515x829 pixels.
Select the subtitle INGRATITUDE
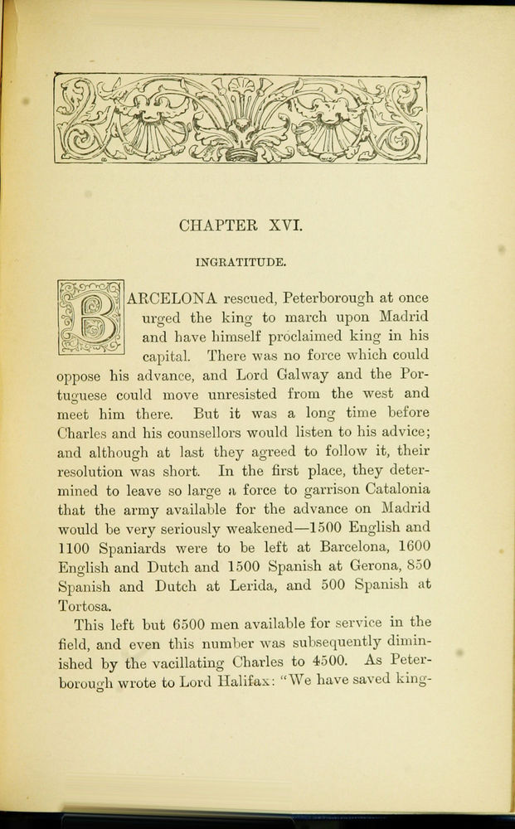[x=241, y=263]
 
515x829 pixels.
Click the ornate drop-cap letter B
[x=90, y=318]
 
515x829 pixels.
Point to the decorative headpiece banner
[x=240, y=119]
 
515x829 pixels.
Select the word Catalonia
[x=400, y=490]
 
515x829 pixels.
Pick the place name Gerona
[x=383, y=566]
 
